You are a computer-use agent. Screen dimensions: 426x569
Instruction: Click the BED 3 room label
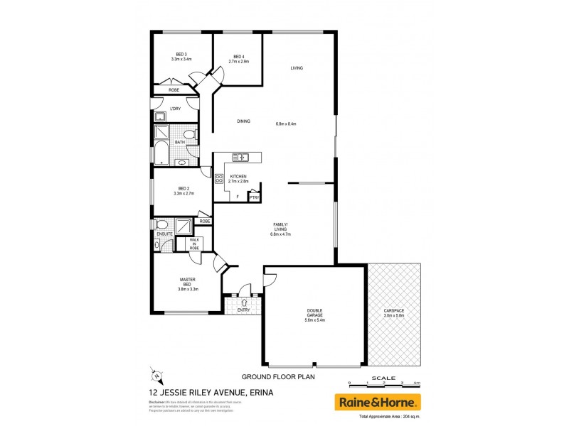[181, 55]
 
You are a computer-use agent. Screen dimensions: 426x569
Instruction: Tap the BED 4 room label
[239, 56]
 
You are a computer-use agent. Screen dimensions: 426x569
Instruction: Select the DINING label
[244, 121]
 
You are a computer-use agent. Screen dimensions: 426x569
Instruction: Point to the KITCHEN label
[238, 176]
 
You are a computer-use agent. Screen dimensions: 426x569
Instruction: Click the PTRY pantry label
[254, 198]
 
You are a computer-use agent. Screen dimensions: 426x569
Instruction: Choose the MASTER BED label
[188, 282]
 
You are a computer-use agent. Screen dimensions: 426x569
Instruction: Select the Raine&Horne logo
[378, 403]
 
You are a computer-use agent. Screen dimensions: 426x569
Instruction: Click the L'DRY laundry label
[175, 108]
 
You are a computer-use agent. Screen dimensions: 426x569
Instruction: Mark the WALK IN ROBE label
[193, 244]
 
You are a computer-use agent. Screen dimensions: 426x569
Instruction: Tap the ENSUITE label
[165, 232]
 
